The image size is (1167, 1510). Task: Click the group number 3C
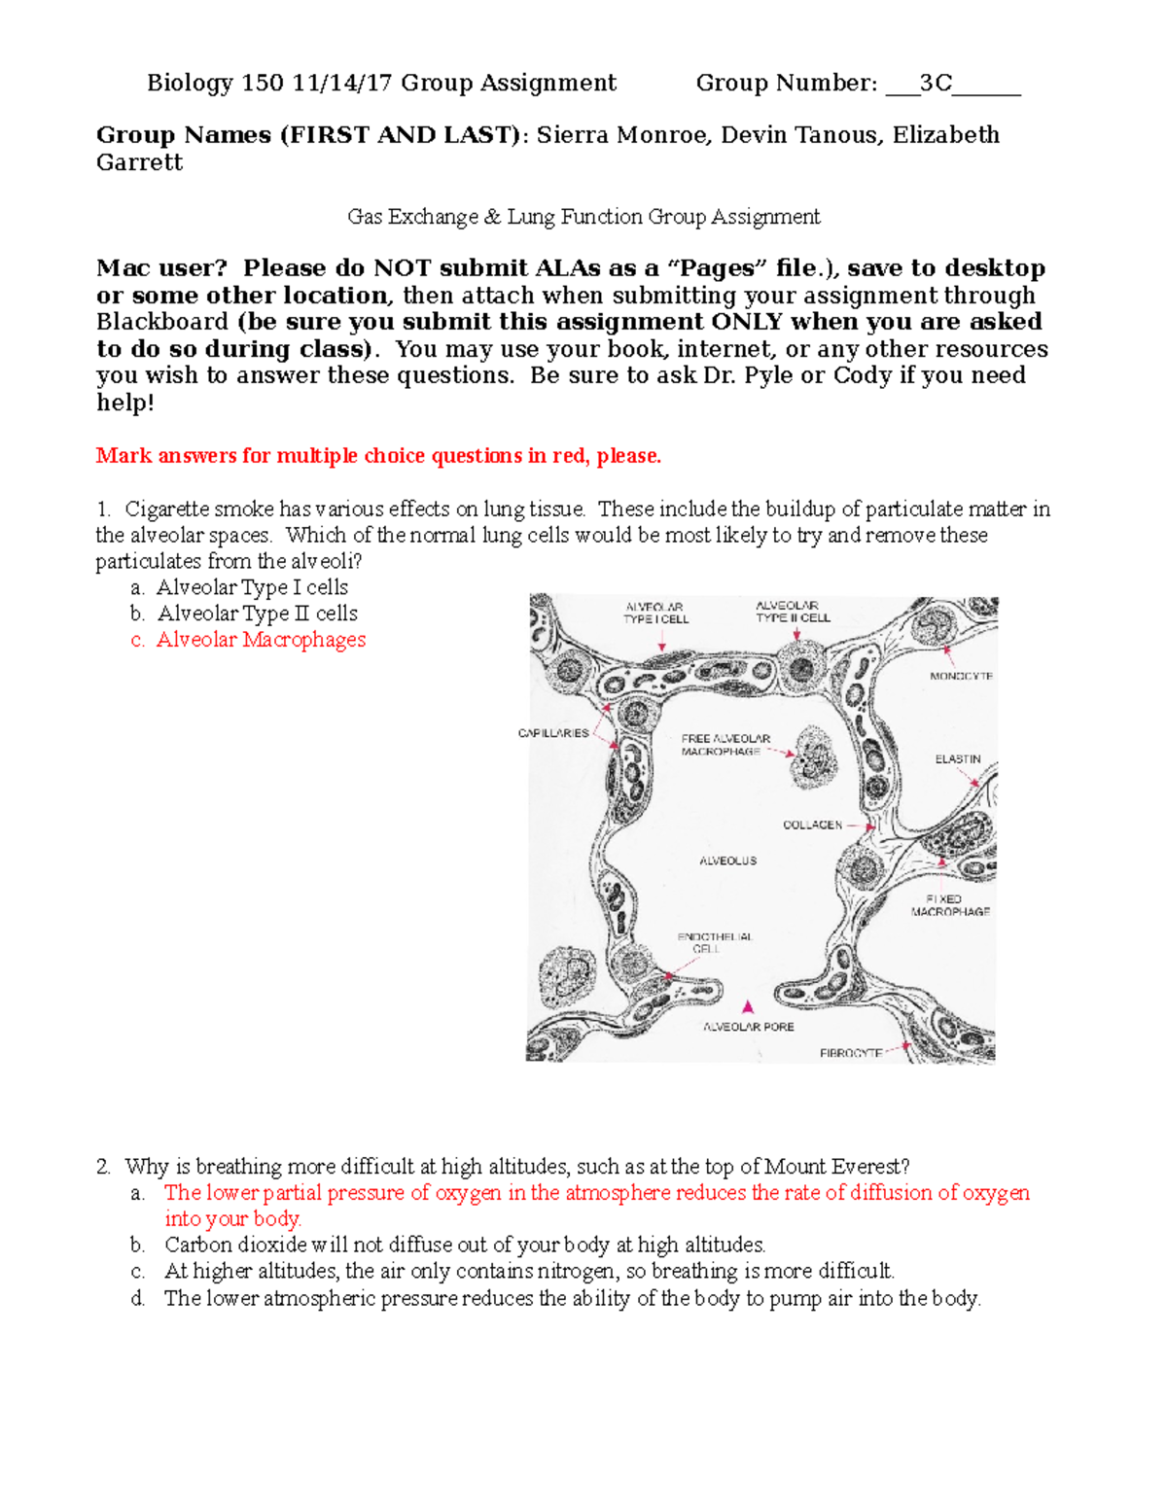coord(935,84)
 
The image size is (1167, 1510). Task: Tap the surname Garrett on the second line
coord(139,162)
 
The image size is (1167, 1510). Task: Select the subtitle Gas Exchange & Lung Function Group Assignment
coord(583,217)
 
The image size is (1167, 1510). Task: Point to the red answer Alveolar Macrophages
coord(261,640)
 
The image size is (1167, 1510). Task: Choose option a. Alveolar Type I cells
coord(251,587)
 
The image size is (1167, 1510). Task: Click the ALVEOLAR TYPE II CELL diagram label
coord(793,612)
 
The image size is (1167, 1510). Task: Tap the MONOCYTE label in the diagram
coord(961,676)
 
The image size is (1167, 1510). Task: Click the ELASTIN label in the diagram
coord(958,758)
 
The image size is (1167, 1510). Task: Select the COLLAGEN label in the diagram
coord(812,825)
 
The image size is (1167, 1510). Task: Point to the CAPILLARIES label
coord(552,733)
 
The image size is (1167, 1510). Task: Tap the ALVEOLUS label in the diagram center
coord(727,860)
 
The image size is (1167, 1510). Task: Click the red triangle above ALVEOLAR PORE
coord(748,1007)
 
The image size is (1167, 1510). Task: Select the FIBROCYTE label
coord(850,1053)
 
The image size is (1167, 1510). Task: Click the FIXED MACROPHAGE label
coord(949,905)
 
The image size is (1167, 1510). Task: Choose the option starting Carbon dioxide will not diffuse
coord(464,1245)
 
